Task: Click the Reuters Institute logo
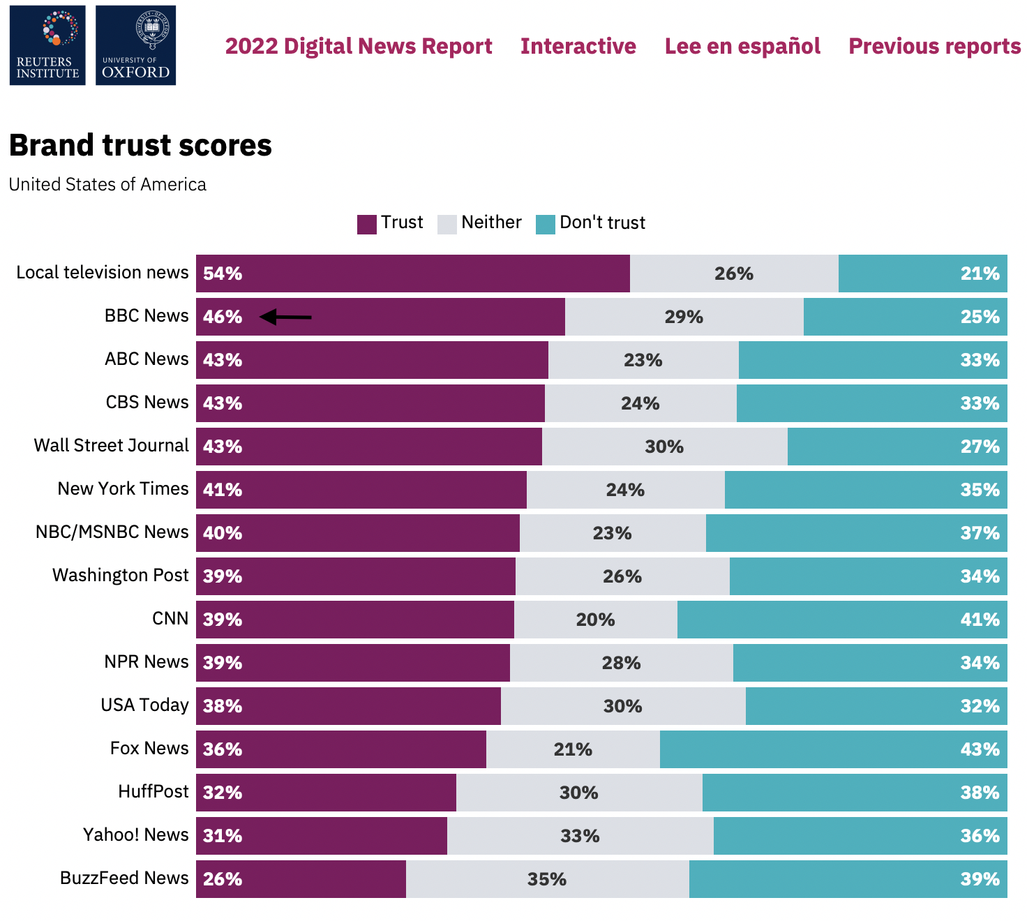pos(47,45)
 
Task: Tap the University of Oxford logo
pos(135,45)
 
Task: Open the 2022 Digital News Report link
pos(358,46)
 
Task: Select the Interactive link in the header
pos(578,46)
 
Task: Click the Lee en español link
pos(742,46)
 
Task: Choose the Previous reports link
pos(934,46)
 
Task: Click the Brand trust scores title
pos(140,145)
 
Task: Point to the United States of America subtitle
pos(107,184)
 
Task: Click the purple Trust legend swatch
pos(367,224)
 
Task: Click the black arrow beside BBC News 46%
pos(285,317)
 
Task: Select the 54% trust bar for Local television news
pos(412,274)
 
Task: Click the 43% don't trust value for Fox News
pos(980,749)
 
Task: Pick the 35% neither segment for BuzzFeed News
pos(547,879)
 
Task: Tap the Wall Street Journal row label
pos(111,445)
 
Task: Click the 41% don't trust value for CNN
pos(980,620)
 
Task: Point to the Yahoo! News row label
pos(135,834)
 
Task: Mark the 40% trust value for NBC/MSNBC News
pos(223,533)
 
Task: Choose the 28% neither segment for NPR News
pos(621,663)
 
